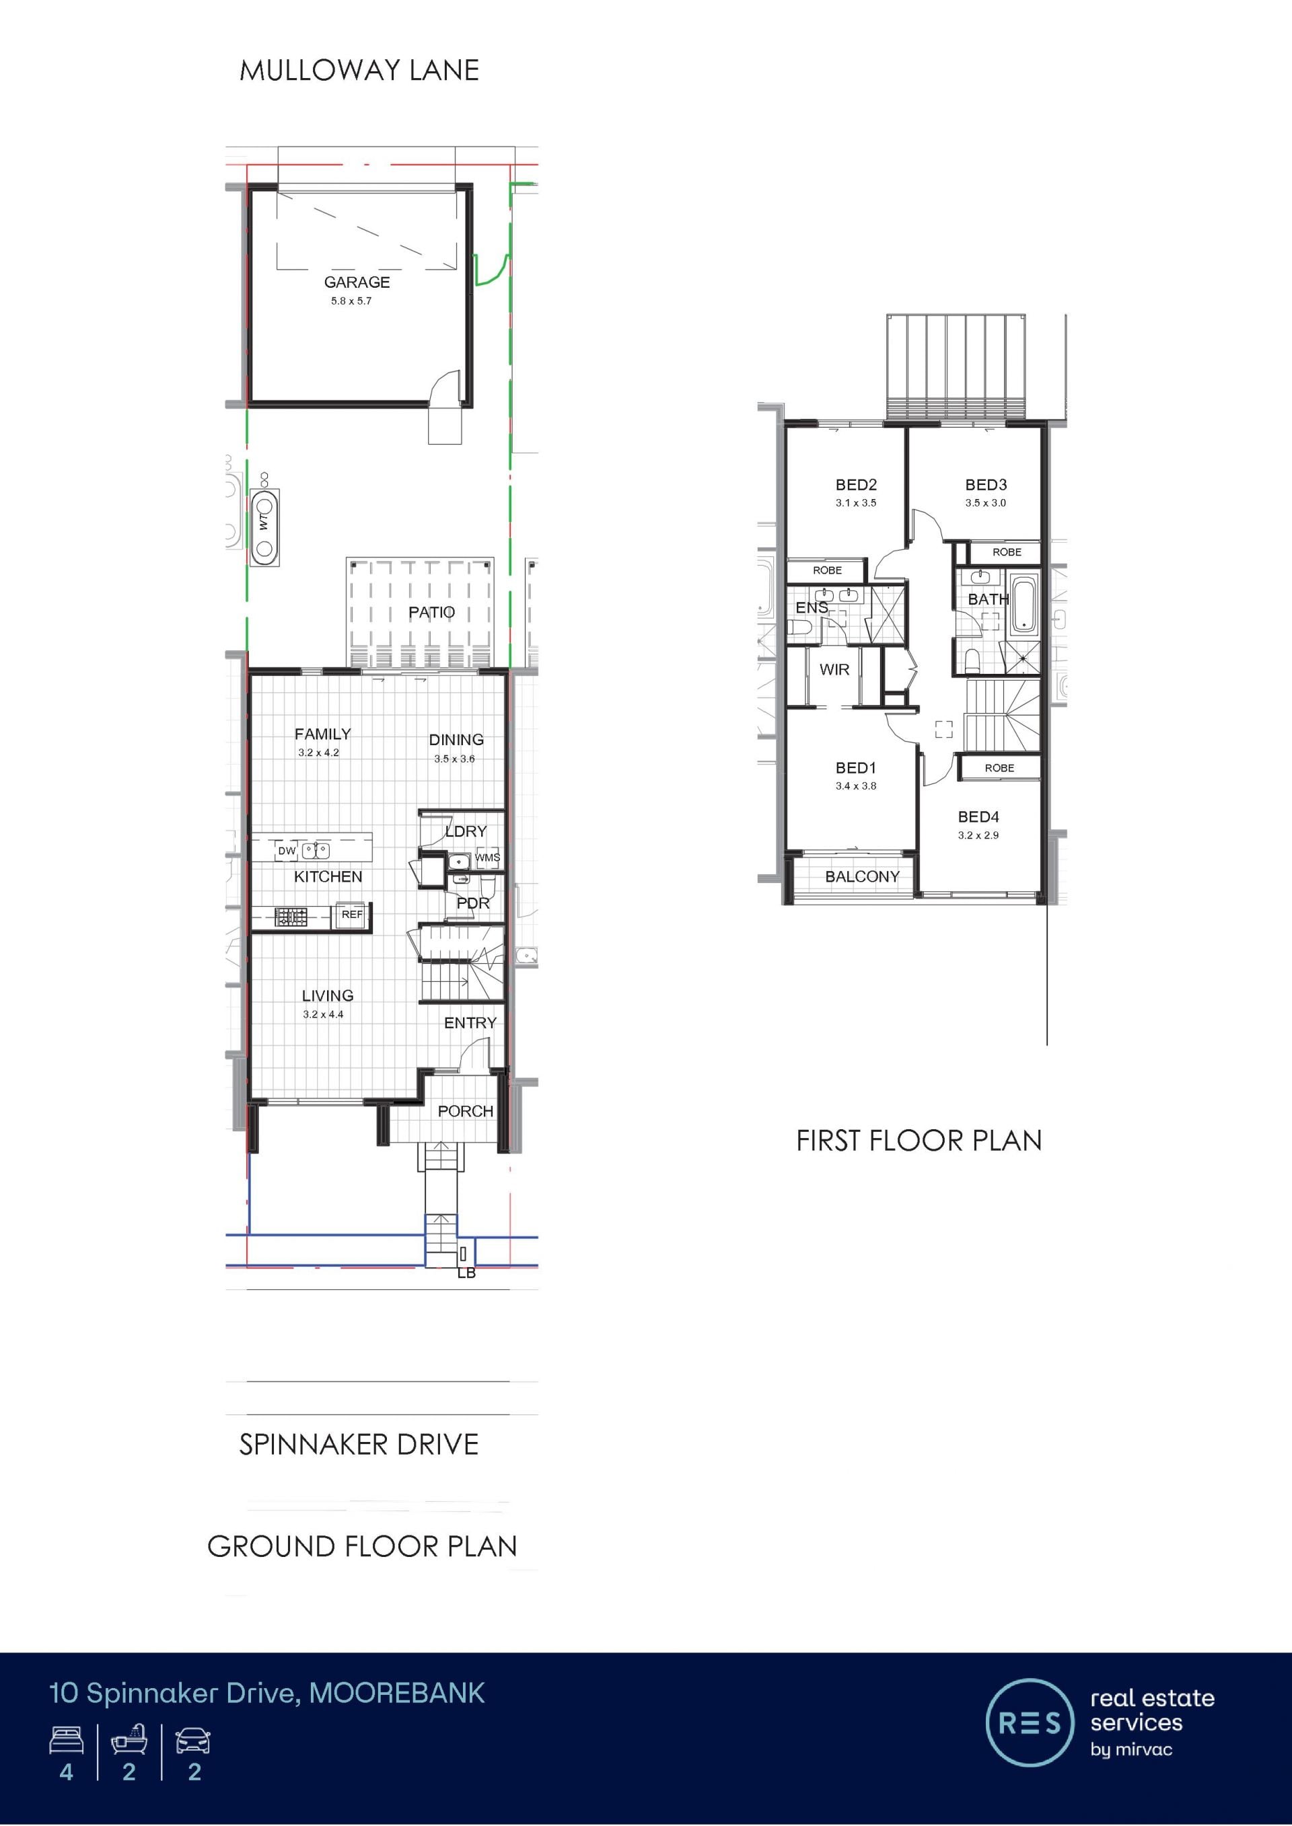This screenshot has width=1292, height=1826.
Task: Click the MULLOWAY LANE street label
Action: tap(359, 71)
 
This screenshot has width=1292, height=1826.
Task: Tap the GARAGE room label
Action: tap(357, 282)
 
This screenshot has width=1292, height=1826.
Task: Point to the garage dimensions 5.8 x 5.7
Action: tap(351, 301)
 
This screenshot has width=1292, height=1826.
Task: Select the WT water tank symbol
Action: tap(265, 525)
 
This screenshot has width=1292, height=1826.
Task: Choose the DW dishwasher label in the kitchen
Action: tap(287, 851)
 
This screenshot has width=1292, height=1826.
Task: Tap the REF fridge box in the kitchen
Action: tap(352, 915)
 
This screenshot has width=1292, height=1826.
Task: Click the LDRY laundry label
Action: tap(466, 831)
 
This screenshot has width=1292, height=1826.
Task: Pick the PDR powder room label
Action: tap(472, 903)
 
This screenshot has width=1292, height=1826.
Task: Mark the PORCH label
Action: tap(466, 1111)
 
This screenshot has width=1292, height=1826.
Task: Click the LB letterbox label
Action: tap(466, 1273)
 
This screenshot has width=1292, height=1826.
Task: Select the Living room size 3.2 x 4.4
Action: tap(323, 1014)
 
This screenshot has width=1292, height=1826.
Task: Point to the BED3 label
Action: tap(986, 484)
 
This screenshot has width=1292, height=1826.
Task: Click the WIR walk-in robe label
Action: tap(834, 670)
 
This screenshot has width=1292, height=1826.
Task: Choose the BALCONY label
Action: tap(863, 876)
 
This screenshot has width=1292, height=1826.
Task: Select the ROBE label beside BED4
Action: tap(999, 768)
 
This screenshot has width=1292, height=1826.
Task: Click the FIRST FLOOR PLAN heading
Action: tap(919, 1141)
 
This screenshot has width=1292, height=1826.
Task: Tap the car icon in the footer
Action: tap(193, 1740)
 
